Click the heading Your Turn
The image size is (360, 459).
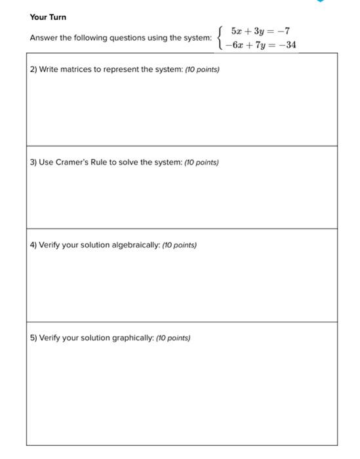point(48,16)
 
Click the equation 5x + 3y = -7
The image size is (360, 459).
point(260,31)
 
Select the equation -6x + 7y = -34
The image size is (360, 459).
point(260,45)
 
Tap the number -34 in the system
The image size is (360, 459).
point(287,45)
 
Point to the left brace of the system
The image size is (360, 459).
point(221,38)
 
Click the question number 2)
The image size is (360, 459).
point(33,69)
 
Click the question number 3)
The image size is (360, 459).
point(33,162)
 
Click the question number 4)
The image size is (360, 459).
point(33,245)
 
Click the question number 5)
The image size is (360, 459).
point(33,338)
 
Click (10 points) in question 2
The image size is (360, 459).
point(202,69)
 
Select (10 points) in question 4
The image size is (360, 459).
point(178,245)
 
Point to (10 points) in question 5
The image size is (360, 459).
point(172,338)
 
